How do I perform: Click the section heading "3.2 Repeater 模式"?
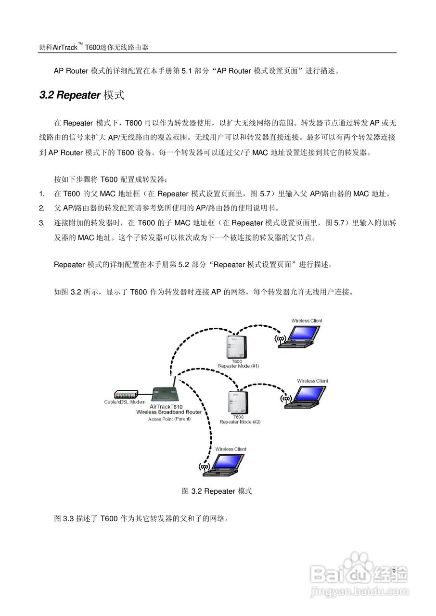point(82,95)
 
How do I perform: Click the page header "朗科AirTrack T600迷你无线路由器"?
point(94,47)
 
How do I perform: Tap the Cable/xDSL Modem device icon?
point(126,394)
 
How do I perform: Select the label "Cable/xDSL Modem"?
point(125,402)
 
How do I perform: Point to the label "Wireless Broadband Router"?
point(168,412)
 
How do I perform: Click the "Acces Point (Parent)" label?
point(169,419)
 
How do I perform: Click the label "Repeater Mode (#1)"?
point(239,366)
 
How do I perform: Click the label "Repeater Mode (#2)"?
point(240,422)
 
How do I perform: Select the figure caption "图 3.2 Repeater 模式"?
point(217,491)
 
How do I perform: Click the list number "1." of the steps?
point(42,194)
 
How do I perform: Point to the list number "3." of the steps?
point(42,223)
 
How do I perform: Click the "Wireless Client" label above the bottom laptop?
point(231,449)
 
